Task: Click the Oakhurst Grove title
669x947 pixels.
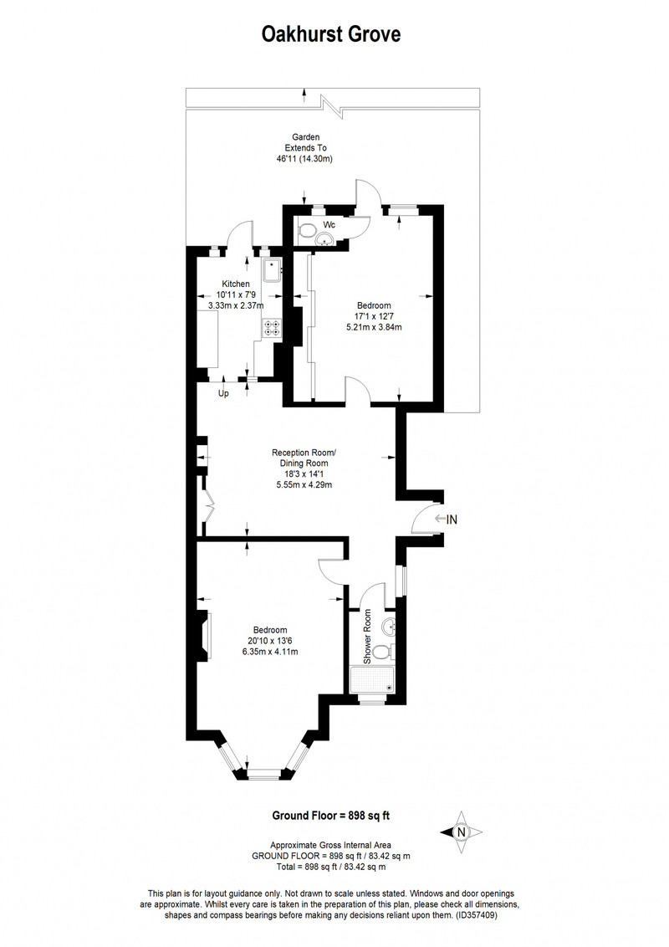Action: pyautogui.click(x=331, y=33)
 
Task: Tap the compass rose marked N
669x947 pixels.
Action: pyautogui.click(x=462, y=832)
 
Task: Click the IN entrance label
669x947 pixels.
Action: pyautogui.click(x=451, y=519)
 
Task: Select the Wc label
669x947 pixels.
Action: pyautogui.click(x=329, y=225)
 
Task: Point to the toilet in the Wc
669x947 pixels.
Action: pyautogui.click(x=307, y=229)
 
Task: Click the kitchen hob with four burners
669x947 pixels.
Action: pyautogui.click(x=271, y=327)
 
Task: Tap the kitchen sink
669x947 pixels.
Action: pyautogui.click(x=272, y=270)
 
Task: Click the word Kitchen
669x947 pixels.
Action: pyautogui.click(x=236, y=284)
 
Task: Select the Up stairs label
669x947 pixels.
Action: pyautogui.click(x=223, y=394)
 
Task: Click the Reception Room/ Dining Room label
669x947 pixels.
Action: pyautogui.click(x=304, y=458)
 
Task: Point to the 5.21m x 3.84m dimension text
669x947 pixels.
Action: pyautogui.click(x=374, y=327)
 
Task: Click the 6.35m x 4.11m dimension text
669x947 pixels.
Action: pyautogui.click(x=270, y=652)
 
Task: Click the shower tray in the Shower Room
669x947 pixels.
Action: pyautogui.click(x=373, y=680)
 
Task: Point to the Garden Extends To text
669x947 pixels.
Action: pyautogui.click(x=306, y=142)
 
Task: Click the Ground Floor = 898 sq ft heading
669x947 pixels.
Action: pyautogui.click(x=331, y=816)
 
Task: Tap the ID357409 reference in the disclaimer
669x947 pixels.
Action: pyautogui.click(x=475, y=915)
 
